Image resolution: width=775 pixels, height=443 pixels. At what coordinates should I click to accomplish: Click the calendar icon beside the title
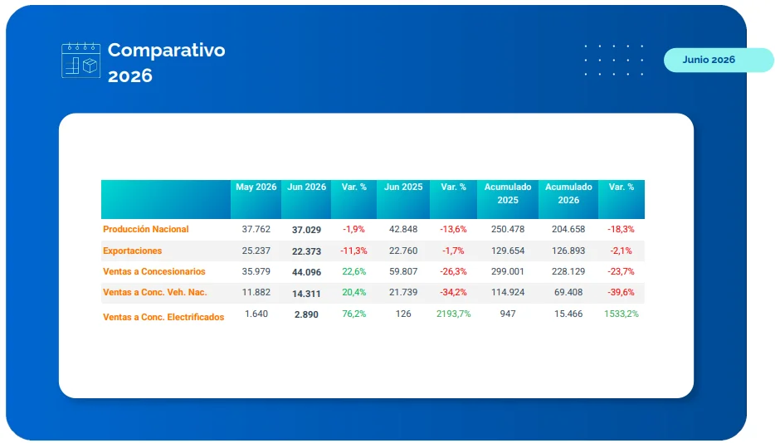[x=81, y=60]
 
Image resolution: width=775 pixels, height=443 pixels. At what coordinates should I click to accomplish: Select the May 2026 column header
[x=256, y=187]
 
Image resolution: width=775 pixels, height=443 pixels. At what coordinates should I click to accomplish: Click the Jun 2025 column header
[x=403, y=187]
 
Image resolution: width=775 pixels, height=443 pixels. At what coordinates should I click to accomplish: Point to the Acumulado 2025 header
[x=508, y=193]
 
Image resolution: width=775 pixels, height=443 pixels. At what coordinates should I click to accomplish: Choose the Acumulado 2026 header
[x=568, y=193]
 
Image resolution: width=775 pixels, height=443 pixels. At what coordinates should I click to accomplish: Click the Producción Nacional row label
[x=146, y=229]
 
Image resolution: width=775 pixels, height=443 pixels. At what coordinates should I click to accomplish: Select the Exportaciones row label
[x=132, y=251]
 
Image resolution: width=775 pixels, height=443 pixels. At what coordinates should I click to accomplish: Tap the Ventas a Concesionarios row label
[x=154, y=271]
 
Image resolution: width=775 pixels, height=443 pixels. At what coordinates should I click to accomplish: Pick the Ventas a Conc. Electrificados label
[x=163, y=317]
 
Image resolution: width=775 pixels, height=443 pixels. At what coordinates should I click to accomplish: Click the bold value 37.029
[x=306, y=230]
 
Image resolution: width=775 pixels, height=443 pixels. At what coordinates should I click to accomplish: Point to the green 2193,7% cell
[x=453, y=314]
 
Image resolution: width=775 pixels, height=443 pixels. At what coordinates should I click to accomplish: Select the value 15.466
[x=568, y=314]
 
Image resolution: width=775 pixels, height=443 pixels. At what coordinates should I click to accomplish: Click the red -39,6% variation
[x=621, y=292]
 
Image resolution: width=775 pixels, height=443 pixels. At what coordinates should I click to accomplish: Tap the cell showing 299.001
[x=508, y=271]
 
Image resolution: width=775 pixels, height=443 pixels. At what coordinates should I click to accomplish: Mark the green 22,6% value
[x=353, y=271]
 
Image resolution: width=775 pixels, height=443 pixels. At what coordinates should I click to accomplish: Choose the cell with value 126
[x=403, y=314]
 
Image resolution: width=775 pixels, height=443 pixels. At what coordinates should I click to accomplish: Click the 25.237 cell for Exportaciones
[x=256, y=251]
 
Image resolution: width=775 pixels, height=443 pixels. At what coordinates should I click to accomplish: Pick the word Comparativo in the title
[x=167, y=50]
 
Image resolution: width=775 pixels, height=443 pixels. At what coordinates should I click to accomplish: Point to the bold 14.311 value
[x=306, y=293]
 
